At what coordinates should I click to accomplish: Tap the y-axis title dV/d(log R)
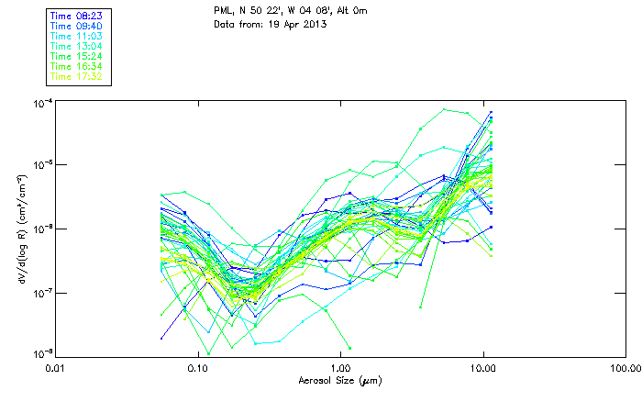(x=17, y=226)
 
